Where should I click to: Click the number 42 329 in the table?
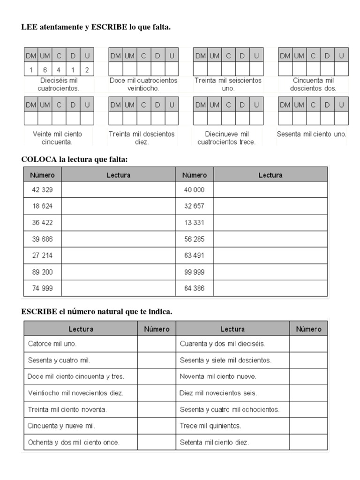pyautogui.click(x=42, y=189)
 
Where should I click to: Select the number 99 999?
pyautogui.click(x=195, y=272)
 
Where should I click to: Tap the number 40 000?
pyautogui.click(x=195, y=189)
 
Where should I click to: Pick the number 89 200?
pyautogui.click(x=42, y=272)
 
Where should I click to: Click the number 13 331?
pyautogui.click(x=195, y=223)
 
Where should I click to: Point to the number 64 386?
pyautogui.click(x=195, y=288)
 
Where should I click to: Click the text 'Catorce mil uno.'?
pyautogui.click(x=52, y=344)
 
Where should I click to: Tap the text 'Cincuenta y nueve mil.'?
pyautogui.click(x=61, y=426)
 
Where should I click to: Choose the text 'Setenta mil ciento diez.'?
pyautogui.click(x=214, y=442)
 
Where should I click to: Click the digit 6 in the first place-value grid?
pyautogui.click(x=45, y=70)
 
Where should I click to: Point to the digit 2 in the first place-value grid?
pyautogui.click(x=87, y=70)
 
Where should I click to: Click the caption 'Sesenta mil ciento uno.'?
pyautogui.click(x=312, y=134)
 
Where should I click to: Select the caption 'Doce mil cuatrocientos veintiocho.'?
pyautogui.click(x=143, y=84)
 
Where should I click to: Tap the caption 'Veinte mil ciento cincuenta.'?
pyautogui.click(x=58, y=138)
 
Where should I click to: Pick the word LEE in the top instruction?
pyautogui.click(x=29, y=27)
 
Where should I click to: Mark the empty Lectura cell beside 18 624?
pyautogui.click(x=118, y=206)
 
